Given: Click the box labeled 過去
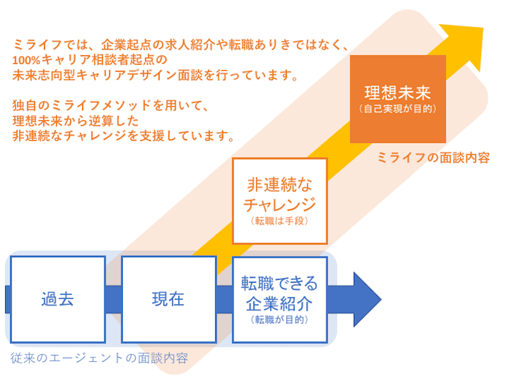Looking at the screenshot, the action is (58, 299).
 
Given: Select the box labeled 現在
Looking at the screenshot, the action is (169, 299).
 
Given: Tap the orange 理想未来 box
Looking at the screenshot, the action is (398, 99).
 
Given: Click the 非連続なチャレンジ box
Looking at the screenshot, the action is (280, 201).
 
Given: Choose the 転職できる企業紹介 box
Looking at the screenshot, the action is (280, 299).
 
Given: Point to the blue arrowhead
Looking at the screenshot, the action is (367, 299).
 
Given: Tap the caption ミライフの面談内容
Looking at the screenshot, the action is (433, 157).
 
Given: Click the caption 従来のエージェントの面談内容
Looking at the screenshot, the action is (99, 358).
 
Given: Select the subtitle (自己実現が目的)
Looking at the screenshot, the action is (398, 109).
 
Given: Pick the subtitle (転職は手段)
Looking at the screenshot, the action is (279, 221).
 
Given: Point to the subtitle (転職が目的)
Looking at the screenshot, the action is (279, 320).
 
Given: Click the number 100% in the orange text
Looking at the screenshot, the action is (26, 60).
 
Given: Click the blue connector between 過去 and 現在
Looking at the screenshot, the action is (114, 299).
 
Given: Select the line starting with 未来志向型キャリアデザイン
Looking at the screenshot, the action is (155, 75).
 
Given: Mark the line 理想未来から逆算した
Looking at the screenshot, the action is (76, 121).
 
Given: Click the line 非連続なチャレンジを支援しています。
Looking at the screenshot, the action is (123, 136).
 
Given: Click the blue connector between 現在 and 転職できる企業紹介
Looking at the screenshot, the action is (225, 299).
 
